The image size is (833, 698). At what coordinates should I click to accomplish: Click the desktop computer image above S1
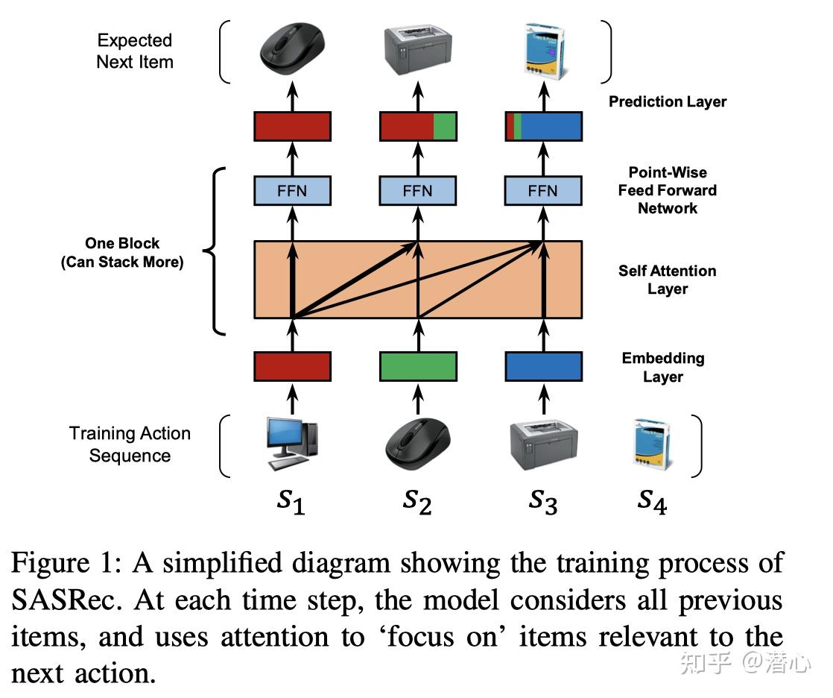291,444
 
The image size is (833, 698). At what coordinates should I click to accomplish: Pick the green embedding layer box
418,366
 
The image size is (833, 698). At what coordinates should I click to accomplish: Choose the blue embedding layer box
543,366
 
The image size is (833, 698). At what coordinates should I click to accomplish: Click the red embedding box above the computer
292,366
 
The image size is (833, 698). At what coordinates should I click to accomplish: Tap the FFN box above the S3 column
543,190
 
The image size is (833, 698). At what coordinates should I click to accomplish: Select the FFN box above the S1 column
292,190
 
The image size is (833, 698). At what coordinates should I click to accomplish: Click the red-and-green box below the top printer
418,126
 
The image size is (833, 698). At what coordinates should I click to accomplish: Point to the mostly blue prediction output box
543,126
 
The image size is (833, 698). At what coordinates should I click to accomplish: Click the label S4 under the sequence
651,501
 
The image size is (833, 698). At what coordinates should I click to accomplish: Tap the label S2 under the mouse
417,501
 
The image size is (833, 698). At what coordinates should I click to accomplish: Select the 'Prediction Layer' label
667,101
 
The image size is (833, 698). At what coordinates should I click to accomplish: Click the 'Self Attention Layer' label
667,280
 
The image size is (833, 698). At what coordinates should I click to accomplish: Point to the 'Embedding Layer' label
663,367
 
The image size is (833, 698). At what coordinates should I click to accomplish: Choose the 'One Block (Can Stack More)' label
122,253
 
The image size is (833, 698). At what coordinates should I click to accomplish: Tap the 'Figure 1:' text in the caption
66,563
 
